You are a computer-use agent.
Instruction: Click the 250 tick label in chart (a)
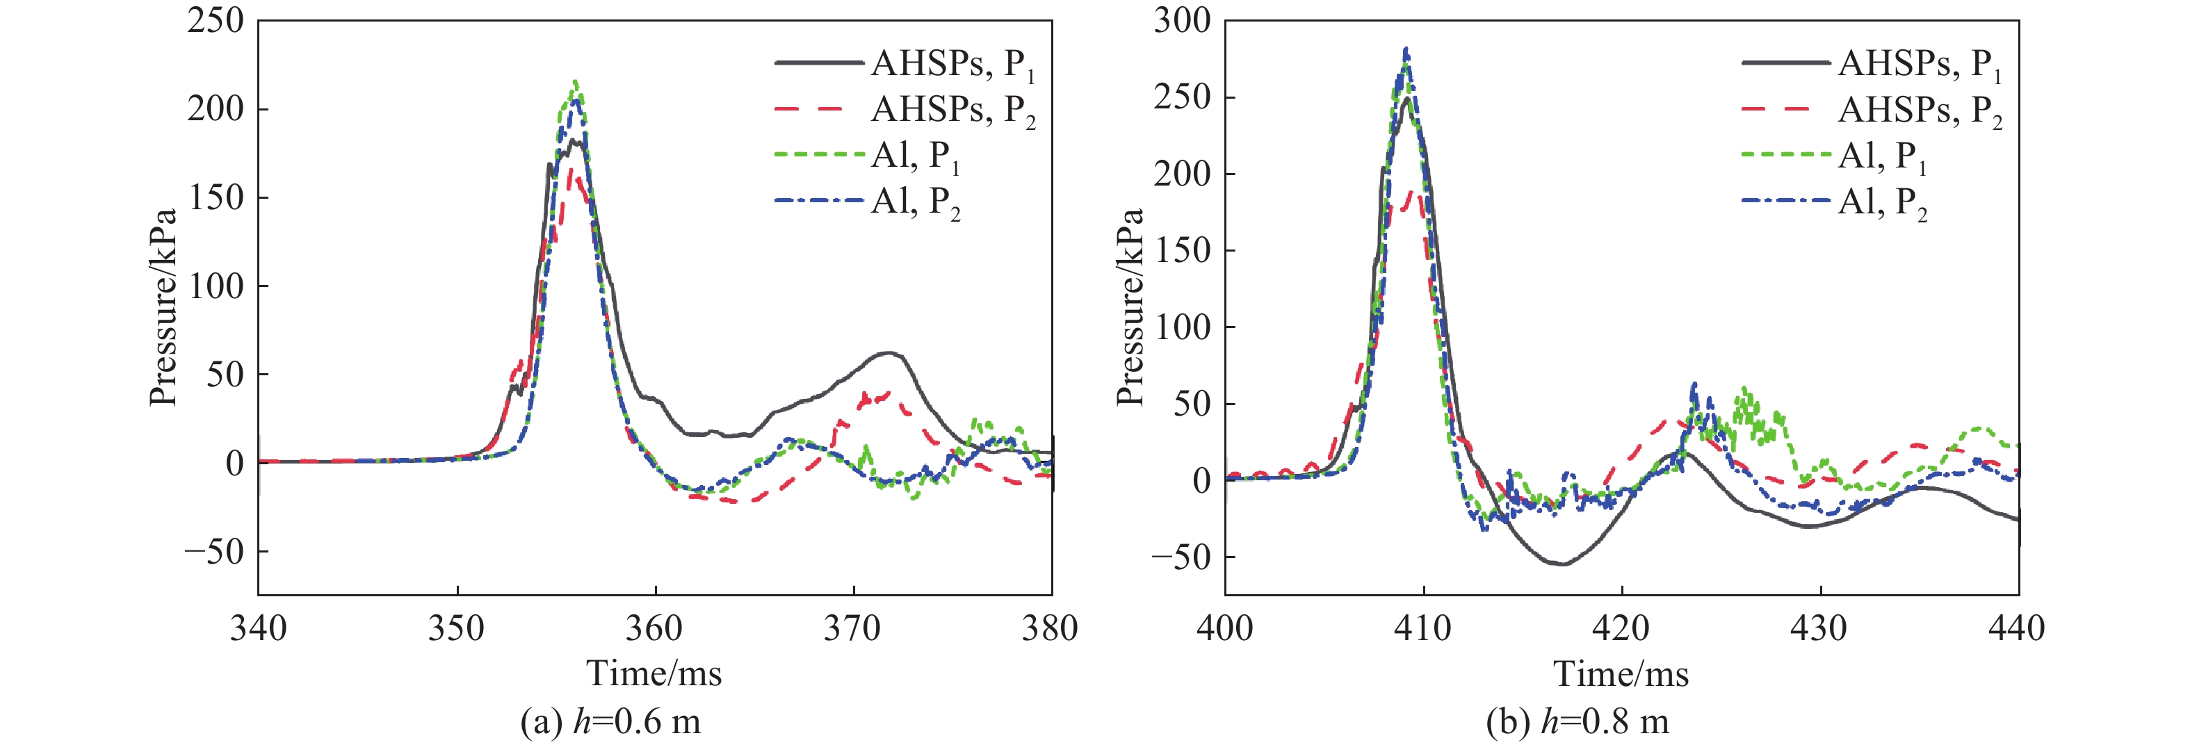coord(215,20)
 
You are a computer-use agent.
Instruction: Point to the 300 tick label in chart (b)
coord(1182,20)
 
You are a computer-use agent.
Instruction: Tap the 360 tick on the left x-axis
coord(655,630)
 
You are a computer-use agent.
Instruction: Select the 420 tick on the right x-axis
coord(1621,630)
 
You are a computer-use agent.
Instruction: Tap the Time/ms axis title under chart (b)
coord(1621,673)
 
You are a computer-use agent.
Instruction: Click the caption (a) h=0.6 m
coord(610,722)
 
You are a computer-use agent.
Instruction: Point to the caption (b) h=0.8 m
coord(1577,722)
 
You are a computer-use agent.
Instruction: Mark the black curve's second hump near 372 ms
coord(889,352)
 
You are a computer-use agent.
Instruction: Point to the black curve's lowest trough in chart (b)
coord(1562,564)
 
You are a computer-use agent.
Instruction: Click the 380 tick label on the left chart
coord(1051,630)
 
